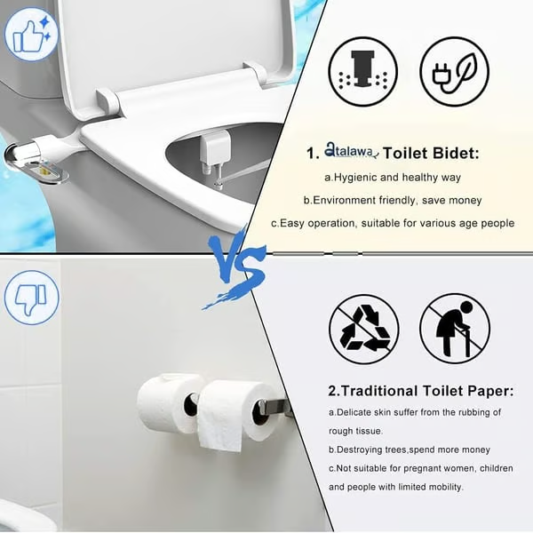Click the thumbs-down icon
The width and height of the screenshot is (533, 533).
(31, 297)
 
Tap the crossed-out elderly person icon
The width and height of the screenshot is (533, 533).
(455, 328)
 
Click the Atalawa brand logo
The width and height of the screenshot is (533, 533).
(353, 153)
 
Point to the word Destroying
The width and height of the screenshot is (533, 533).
(370, 449)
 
